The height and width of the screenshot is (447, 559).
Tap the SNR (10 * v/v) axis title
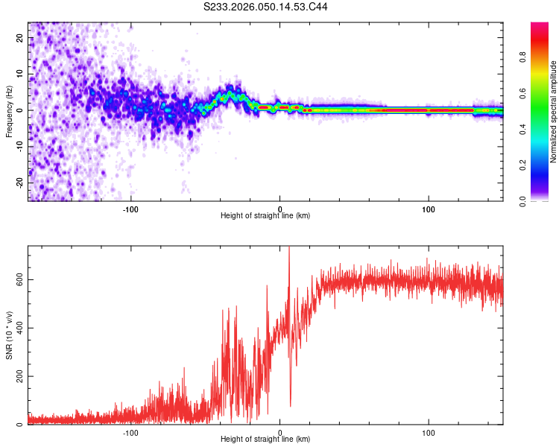[9, 335]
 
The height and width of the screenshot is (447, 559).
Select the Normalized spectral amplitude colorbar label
[553, 112]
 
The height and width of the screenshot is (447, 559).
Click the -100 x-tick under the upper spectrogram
[131, 209]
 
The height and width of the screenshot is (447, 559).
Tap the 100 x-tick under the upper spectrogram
[429, 209]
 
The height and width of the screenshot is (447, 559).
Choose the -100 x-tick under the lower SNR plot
[131, 433]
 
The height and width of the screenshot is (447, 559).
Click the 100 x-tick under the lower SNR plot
[429, 433]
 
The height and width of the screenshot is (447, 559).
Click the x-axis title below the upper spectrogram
[265, 216]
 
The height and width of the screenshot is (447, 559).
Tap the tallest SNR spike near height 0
[289, 250]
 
